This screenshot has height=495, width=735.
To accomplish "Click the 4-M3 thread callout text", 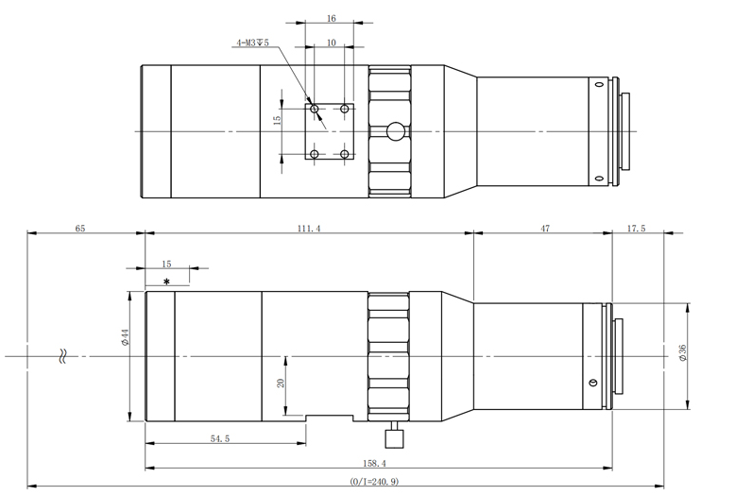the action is point(252,43).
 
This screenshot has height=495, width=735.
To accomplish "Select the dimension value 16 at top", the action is point(331,19).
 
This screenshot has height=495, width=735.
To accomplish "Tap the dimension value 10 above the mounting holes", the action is point(331,43).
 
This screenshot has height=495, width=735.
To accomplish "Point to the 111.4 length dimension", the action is point(309,229).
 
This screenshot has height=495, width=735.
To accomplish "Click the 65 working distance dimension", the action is point(80,229).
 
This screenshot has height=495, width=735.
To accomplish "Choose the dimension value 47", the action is point(545,229).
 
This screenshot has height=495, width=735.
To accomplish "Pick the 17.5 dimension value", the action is point(636,229).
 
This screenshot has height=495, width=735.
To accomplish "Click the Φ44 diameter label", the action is point(125,337).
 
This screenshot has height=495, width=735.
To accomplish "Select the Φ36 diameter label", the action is point(682,352).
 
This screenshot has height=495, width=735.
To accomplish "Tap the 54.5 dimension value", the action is point(220,438).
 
